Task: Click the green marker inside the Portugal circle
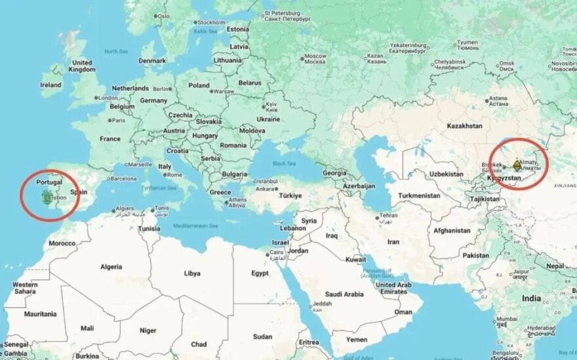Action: click(46, 196)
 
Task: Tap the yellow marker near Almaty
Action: click(517, 164)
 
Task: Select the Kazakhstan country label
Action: click(464, 125)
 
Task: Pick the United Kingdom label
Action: click(82, 66)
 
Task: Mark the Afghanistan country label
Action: click(451, 230)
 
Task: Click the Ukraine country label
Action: click(268, 119)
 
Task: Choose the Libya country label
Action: click(191, 273)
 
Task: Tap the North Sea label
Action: click(115, 51)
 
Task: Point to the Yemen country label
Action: click(357, 340)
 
